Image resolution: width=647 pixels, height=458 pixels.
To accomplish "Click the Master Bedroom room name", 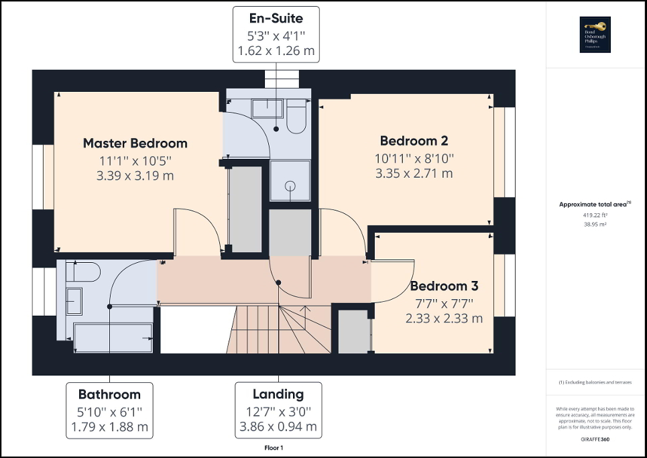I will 135,143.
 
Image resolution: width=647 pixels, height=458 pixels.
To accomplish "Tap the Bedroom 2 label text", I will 414,141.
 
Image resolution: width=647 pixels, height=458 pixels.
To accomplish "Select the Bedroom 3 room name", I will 444,286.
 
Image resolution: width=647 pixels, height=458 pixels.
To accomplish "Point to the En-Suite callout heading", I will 276,18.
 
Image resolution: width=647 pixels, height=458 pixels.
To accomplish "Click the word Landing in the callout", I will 278,394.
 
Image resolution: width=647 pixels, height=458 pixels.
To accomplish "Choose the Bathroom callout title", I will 109,394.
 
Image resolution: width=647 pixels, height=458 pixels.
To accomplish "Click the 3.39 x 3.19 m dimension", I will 135,176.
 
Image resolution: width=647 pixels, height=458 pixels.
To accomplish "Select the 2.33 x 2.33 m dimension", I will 444,319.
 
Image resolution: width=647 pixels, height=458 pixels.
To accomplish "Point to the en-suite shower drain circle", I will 290,186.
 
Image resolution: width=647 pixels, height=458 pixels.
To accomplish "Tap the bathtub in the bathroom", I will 113,337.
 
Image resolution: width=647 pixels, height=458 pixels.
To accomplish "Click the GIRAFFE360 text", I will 596,438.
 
